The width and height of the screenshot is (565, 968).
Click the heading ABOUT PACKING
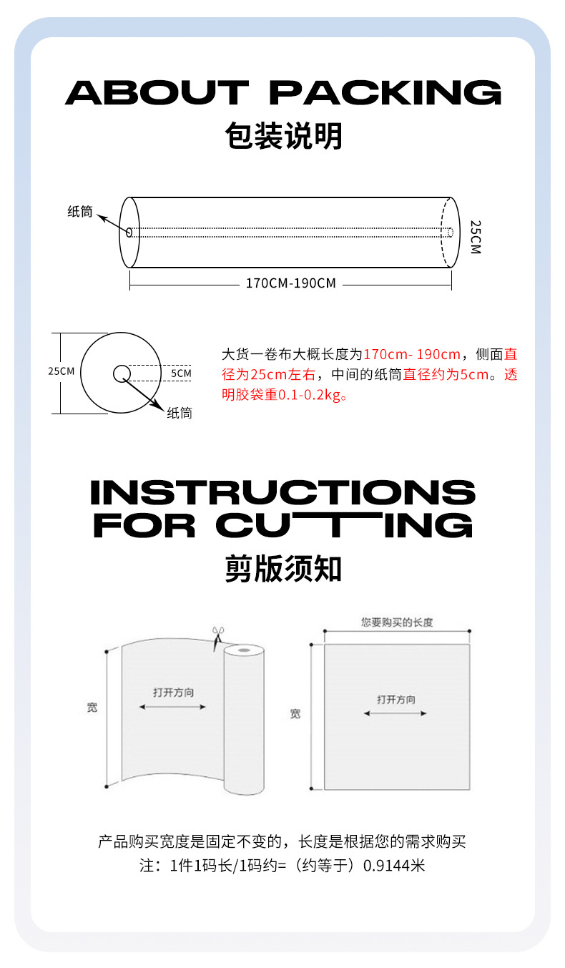[x=283, y=93]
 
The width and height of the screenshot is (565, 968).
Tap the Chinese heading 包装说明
[x=283, y=136]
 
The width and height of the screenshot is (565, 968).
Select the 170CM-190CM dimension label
[x=290, y=283]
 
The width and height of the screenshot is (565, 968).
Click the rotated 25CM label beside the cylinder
[x=476, y=236]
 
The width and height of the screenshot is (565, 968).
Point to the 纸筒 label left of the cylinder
[x=80, y=212]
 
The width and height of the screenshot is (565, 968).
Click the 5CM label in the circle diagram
[x=181, y=373]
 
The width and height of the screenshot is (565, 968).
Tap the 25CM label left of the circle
[x=61, y=371]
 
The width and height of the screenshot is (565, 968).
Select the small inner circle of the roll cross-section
[x=121, y=373]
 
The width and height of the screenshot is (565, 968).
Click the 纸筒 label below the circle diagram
[x=180, y=413]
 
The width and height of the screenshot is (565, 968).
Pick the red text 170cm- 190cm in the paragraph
[x=412, y=354]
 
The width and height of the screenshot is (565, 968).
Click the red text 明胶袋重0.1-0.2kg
[x=285, y=394]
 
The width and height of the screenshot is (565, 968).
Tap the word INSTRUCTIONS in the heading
[x=283, y=492]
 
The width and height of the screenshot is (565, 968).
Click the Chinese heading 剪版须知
[x=283, y=569]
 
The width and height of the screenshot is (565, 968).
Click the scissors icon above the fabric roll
[x=218, y=635]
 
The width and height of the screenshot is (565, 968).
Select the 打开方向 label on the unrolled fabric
[x=173, y=693]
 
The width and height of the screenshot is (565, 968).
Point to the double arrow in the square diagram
[x=395, y=713]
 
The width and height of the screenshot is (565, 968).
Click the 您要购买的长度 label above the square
[x=397, y=622]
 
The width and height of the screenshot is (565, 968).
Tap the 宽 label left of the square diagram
[x=295, y=714]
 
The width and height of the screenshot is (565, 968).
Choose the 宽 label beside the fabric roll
[x=92, y=708]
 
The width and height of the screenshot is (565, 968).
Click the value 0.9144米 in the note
[x=394, y=866]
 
